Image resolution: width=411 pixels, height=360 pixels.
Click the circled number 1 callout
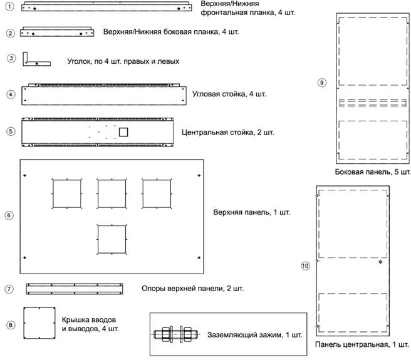tap(9, 6)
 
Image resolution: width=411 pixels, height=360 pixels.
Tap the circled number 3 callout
tap(11, 58)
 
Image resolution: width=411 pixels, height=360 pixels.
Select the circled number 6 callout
tap(9, 215)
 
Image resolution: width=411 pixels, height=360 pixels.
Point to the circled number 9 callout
tap(322, 83)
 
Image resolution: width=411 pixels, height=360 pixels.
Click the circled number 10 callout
tap(305, 266)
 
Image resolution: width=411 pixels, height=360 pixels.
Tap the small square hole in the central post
tap(123, 132)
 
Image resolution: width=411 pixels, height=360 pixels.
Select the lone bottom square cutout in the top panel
tap(112, 239)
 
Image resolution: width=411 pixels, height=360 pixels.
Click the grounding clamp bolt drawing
tap(176, 334)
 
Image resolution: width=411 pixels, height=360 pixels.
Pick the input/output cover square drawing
tap(39, 323)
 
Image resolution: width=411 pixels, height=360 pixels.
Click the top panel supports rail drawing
tap(75, 289)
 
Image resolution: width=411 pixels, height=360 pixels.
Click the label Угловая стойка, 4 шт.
tap(229, 94)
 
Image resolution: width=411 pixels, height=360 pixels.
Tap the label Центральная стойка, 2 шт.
tap(228, 132)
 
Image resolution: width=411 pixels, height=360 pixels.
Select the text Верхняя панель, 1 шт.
tap(252, 212)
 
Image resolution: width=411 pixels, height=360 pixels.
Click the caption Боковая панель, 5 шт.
tap(373, 172)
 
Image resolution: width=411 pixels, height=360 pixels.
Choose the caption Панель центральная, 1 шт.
tap(362, 344)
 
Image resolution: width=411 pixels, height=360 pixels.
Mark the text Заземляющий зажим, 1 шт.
tap(255, 334)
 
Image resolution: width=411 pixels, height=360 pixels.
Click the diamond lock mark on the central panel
tap(380, 262)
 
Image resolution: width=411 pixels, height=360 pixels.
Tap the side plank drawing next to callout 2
tap(57, 32)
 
